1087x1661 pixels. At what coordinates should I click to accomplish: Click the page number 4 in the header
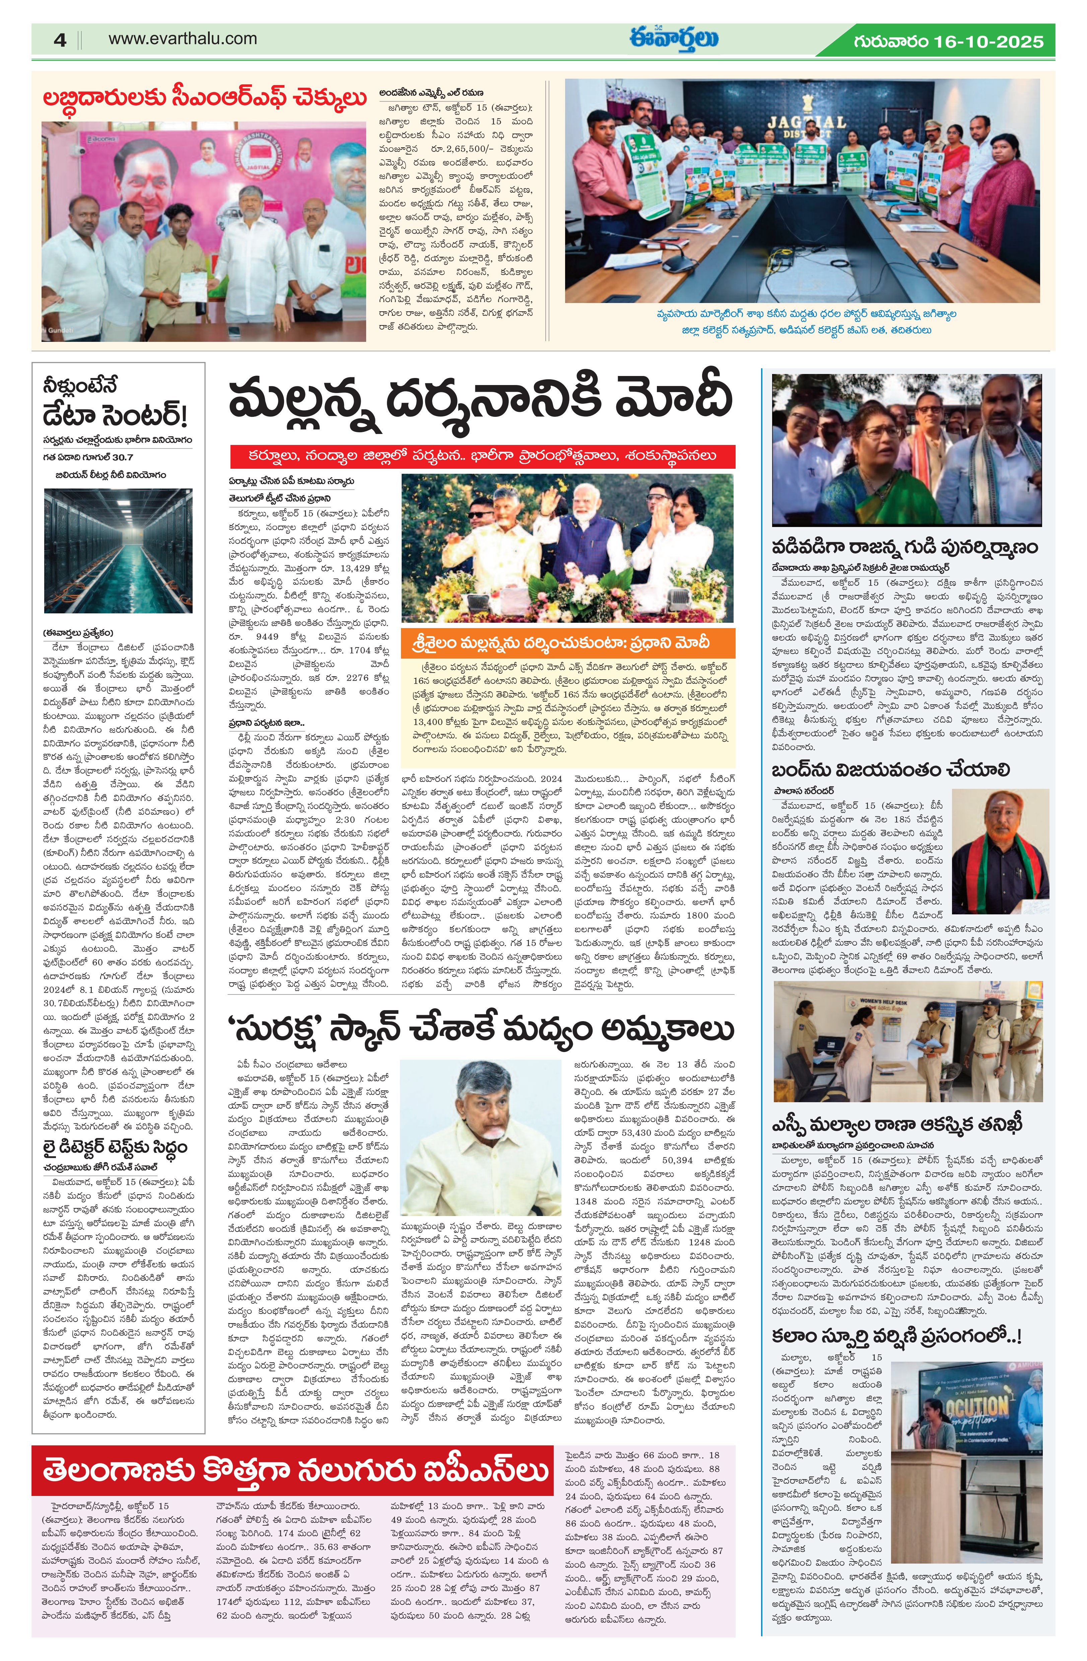[x=60, y=40]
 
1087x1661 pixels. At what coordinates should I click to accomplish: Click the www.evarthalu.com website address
[x=182, y=39]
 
